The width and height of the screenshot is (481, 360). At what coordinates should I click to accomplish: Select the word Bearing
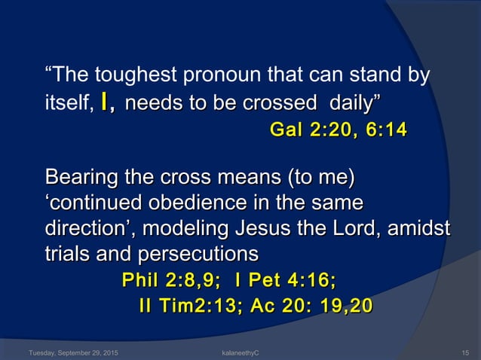80,179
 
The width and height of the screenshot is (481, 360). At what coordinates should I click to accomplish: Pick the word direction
87,227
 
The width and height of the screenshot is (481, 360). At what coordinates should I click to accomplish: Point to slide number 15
465,352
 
